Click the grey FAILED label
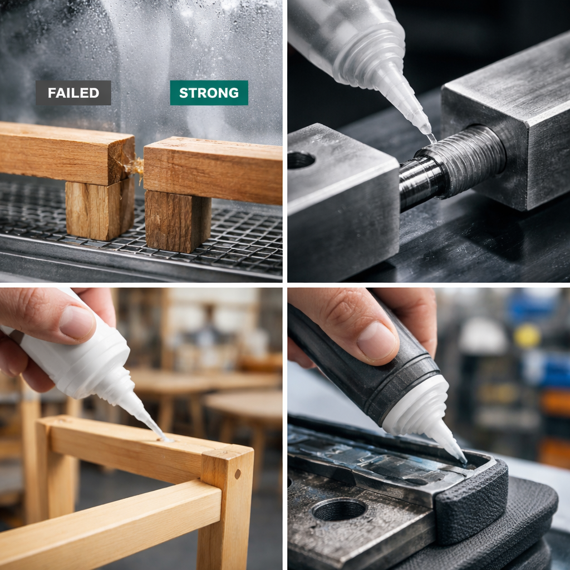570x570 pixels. pos(73,93)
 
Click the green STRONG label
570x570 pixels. pos(209,93)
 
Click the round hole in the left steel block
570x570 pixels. pos(301,160)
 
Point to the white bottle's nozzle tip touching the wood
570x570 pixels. pos(162,438)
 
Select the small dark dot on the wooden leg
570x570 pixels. pos(238,474)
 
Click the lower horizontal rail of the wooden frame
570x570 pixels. pos(111,518)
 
